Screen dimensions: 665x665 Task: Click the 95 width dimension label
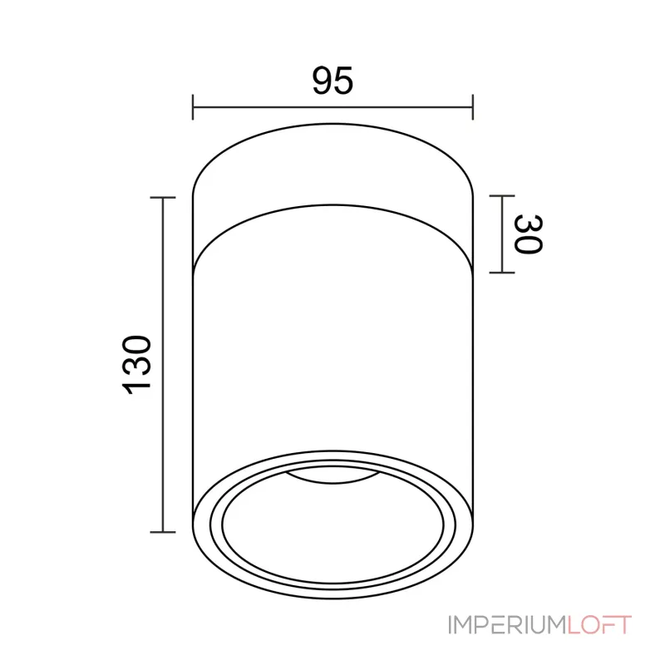(332, 81)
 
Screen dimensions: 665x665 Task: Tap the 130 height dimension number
(136, 365)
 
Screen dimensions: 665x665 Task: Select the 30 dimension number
(529, 234)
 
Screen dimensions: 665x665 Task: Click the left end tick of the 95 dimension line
(193, 107)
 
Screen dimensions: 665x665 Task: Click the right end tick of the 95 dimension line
(472, 107)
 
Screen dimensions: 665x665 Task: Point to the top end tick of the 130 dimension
(163, 198)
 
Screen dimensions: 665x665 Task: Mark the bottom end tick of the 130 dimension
(163, 532)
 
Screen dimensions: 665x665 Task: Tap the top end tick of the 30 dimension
(502, 196)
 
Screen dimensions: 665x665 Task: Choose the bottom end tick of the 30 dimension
(502, 273)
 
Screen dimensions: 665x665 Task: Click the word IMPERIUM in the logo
(508, 625)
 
